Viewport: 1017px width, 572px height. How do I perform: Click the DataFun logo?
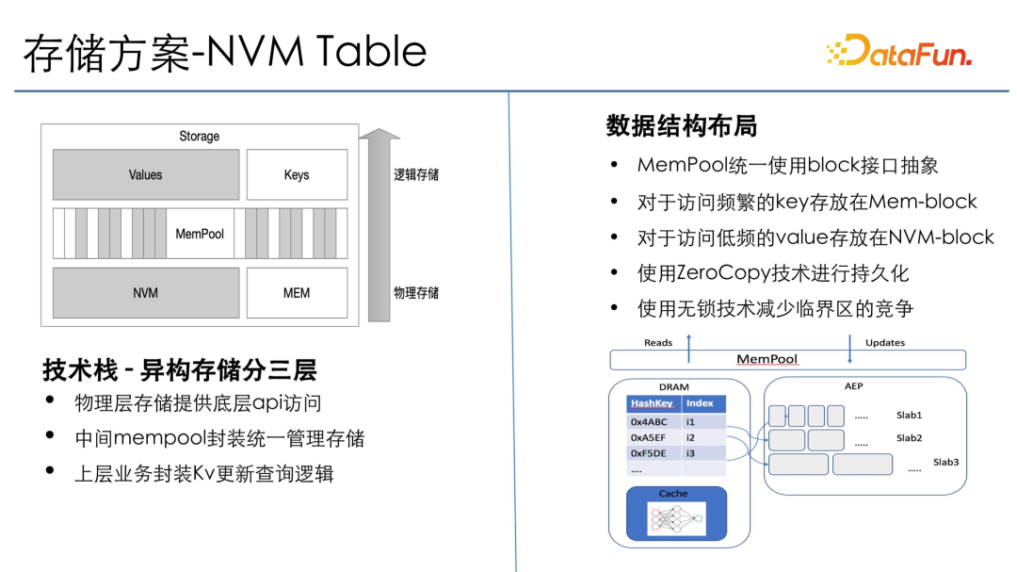[899, 50]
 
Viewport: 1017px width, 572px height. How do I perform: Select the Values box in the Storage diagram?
[146, 174]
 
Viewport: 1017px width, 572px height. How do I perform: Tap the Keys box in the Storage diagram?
[297, 174]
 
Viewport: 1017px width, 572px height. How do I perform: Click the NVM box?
[146, 293]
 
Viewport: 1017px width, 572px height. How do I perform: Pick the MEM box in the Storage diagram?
[297, 293]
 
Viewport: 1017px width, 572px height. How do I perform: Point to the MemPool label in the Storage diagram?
[200, 234]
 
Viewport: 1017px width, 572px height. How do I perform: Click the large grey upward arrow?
[379, 224]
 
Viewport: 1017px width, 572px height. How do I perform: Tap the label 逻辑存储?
[416, 174]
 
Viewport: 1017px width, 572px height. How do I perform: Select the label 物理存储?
[416, 293]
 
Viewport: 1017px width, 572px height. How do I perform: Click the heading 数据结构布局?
[682, 126]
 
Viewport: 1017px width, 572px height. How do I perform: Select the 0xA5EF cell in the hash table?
[648, 437]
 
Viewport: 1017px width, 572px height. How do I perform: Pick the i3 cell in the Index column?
[691, 453]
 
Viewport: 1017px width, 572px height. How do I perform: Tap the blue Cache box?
[676, 513]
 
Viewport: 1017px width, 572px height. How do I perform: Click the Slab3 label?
[945, 463]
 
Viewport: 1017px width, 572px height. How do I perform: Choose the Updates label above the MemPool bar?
[884, 343]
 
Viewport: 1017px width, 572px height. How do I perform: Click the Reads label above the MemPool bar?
[658, 343]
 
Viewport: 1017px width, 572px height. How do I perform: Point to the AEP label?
[853, 386]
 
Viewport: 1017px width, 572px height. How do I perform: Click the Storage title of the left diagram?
[199, 137]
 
